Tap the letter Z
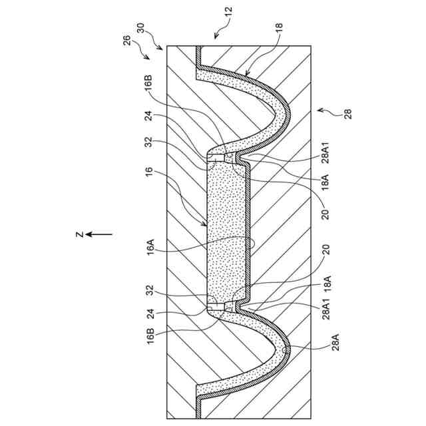(79, 234)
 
